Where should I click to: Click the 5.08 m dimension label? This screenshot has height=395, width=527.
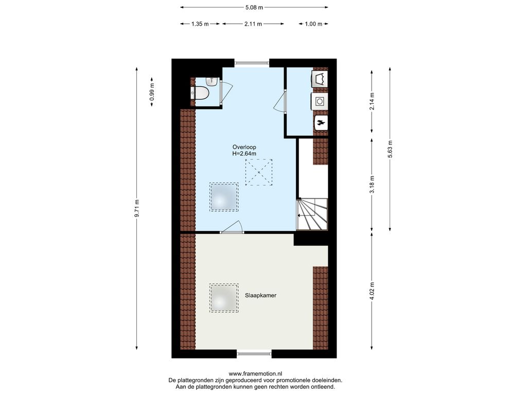[254, 7]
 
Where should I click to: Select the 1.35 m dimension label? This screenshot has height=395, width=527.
[200, 24]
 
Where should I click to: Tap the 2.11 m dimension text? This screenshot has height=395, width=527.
[253, 24]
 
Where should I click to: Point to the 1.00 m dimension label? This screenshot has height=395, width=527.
[313, 24]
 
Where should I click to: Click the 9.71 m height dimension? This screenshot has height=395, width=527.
[137, 208]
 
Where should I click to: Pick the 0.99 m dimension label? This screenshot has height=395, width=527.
[152, 93]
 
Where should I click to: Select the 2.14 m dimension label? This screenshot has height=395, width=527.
[372, 101]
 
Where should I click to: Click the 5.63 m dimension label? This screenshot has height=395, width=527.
[390, 149]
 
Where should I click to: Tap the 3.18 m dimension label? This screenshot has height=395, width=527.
[372, 185]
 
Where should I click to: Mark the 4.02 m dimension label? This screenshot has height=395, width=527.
[372, 291]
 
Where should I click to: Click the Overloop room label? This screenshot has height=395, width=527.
[244, 147]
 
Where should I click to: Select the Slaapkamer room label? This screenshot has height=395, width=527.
[260, 296]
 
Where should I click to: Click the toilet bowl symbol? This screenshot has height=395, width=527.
[201, 93]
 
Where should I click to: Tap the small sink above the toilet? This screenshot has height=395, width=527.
[211, 81]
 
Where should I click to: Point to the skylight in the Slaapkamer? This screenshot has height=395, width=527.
[224, 298]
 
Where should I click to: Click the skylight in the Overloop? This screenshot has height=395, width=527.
[224, 197]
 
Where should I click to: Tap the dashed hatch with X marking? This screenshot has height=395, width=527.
[259, 172]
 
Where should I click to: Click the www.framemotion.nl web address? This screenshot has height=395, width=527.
[255, 373]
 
